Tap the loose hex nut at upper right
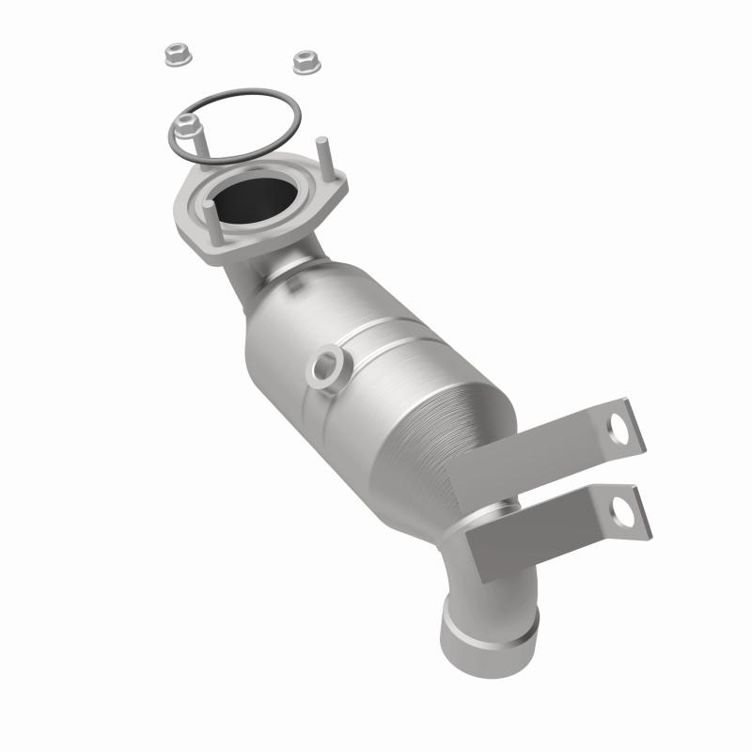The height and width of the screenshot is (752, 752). point(303,61)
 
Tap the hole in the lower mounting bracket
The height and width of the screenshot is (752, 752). point(621,511)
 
